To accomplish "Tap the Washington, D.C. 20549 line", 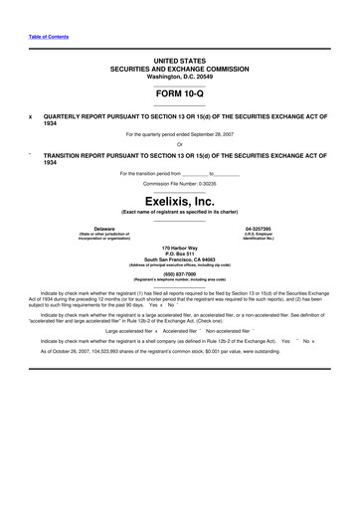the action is click(x=180, y=76).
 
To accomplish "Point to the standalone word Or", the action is click(x=180, y=144).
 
